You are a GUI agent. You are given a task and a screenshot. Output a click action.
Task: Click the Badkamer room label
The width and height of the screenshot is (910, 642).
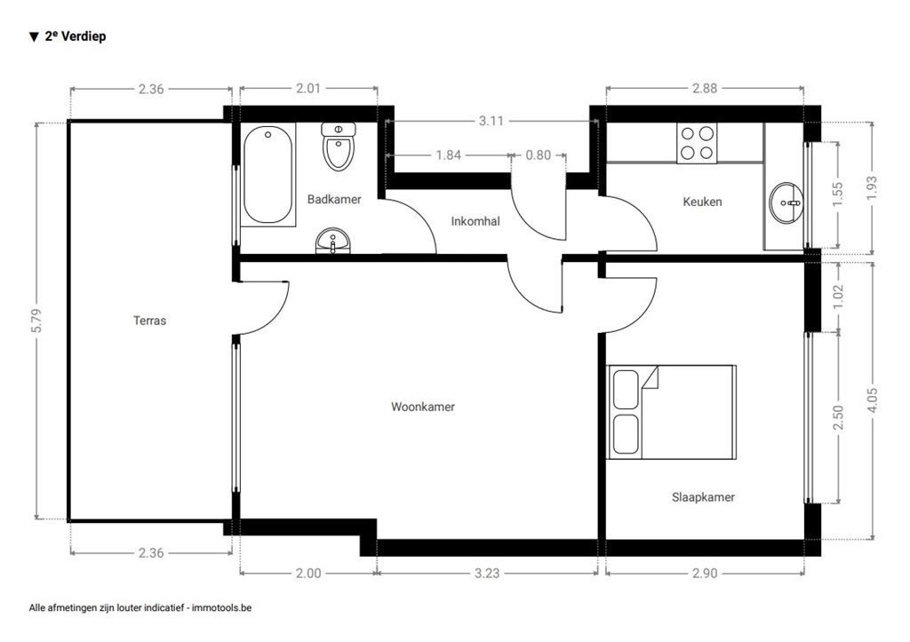pos(334,200)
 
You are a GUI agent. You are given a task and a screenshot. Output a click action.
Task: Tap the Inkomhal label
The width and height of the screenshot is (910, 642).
pos(475,221)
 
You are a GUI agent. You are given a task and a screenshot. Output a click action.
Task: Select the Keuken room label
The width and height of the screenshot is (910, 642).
pos(702,202)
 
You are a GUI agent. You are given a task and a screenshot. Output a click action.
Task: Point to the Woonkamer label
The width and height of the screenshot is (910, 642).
pos(423,407)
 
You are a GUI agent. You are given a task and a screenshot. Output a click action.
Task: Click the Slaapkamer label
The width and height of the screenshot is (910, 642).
pos(703,497)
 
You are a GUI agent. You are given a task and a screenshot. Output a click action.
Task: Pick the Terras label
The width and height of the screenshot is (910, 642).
pos(149,321)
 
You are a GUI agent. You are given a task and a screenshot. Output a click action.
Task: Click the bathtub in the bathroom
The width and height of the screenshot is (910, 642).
pos(268,176)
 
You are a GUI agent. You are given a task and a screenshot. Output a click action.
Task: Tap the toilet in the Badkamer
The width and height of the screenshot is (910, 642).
pos(339,147)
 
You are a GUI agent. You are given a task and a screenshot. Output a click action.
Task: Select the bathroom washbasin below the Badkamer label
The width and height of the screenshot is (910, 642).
pos(333,241)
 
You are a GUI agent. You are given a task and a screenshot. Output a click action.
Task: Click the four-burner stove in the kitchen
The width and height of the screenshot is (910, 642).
pos(696,143)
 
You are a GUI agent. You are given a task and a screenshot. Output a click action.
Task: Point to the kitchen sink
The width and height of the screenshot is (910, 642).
pos(786,202)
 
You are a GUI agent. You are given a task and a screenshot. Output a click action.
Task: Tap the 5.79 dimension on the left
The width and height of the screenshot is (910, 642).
pos(36,321)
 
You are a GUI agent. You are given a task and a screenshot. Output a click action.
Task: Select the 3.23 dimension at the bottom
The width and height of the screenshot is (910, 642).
pos(486,574)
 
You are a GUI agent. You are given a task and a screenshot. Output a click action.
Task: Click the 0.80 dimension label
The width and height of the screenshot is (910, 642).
pos(539,155)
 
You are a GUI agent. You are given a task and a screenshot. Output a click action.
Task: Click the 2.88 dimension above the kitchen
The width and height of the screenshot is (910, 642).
pos(704,88)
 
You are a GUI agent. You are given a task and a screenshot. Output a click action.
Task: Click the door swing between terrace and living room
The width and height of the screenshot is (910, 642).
pos(262,306)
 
